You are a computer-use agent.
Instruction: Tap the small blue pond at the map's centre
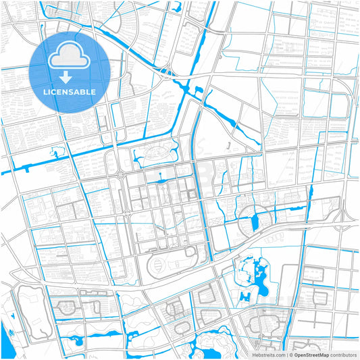pyautogui.click(x=160, y=181)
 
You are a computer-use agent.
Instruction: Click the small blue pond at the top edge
pyautogui.click(x=177, y=7)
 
